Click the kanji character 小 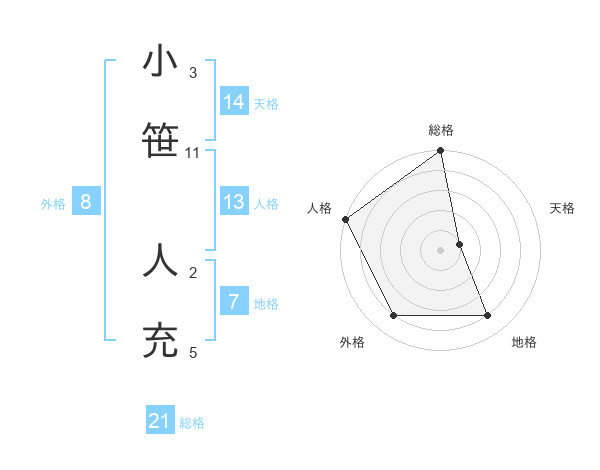coord(160,62)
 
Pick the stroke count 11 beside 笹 coord(193,153)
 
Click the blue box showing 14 coord(234,101)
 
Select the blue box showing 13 coord(234,202)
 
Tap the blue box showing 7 coord(234,302)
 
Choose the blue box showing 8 coord(86,202)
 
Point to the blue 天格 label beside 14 coord(266,103)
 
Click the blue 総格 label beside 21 coord(192,423)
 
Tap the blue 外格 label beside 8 coord(53,204)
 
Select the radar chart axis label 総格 coord(441,130)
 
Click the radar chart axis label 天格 coord(563,208)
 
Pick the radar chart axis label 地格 coord(524,342)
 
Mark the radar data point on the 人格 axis coord(345,219)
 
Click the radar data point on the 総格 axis coord(441,152)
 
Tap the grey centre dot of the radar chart coord(441,250)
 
